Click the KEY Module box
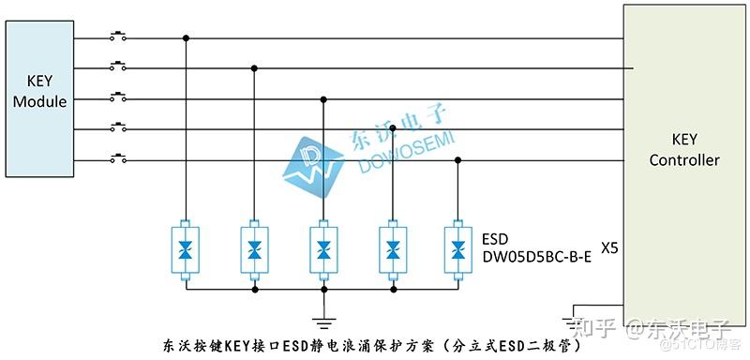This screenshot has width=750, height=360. tap(39, 99)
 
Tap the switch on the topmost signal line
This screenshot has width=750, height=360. tap(119, 38)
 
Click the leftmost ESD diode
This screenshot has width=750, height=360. tap(187, 250)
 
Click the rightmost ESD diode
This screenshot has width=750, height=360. tap(457, 250)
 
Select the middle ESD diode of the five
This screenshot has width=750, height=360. tap(323, 250)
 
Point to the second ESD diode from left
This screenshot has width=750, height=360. tap(255, 250)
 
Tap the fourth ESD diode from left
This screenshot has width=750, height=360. tap(391, 250)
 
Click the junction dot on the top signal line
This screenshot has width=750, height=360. tap(187, 38)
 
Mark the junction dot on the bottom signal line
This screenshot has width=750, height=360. tap(457, 160)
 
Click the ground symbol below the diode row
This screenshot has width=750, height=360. tap(323, 321)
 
